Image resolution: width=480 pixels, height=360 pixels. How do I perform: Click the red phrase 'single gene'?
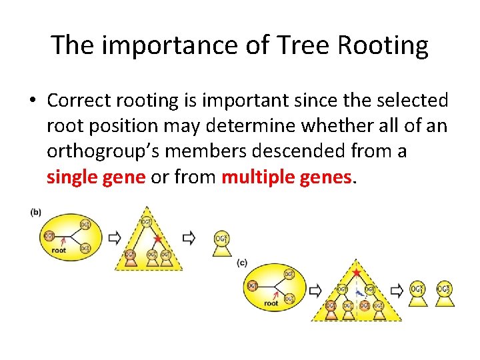[x=96, y=177]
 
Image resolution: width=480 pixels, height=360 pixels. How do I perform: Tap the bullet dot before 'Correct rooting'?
[x=32, y=101]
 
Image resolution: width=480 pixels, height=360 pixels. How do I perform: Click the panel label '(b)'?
[x=36, y=213]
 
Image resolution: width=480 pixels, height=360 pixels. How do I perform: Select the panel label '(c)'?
[x=242, y=263]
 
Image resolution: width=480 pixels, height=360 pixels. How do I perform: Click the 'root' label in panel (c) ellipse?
[x=271, y=303]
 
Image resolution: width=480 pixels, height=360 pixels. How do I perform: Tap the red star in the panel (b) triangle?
[x=157, y=238]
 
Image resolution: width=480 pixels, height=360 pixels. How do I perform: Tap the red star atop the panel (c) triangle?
[x=357, y=273]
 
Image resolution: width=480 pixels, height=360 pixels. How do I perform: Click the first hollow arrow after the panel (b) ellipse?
[x=114, y=237]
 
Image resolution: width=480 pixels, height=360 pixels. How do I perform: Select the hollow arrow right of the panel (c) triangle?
[x=397, y=291]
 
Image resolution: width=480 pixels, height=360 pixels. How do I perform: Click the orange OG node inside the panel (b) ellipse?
[x=49, y=236]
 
